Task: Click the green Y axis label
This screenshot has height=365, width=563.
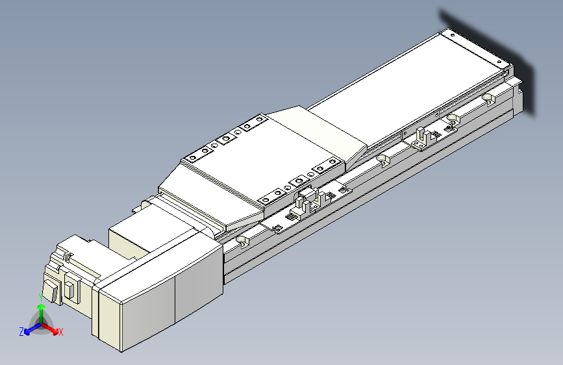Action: (x=41, y=297)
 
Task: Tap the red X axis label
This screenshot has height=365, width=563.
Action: (x=60, y=332)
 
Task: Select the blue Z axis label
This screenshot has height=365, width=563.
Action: (x=21, y=332)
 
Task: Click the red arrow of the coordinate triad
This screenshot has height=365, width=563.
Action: (x=49, y=329)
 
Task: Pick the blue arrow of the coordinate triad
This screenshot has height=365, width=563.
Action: (x=33, y=329)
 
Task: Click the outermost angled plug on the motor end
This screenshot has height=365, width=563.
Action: (x=51, y=290)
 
